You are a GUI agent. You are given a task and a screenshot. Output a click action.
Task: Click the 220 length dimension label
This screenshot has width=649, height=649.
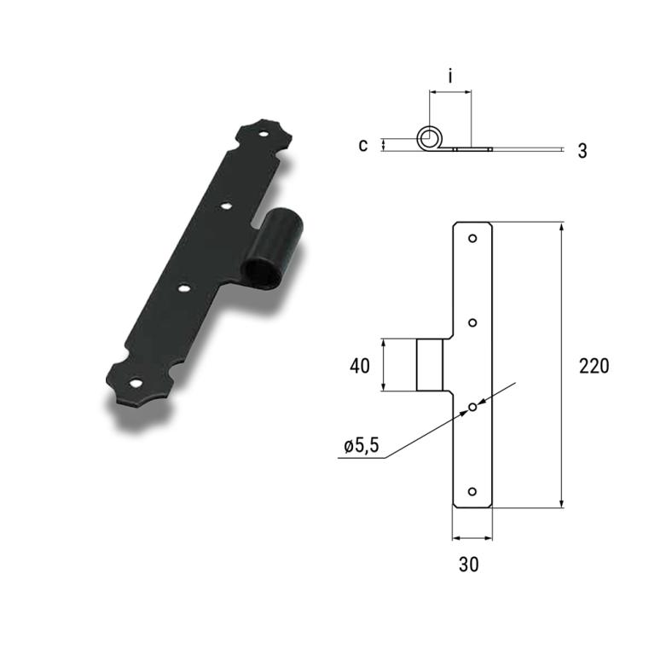pyautogui.click(x=594, y=367)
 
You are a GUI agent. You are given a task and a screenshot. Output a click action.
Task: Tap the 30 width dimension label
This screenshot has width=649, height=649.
pyautogui.click(x=468, y=565)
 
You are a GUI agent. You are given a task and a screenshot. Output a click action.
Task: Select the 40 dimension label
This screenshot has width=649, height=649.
pyautogui.click(x=360, y=367)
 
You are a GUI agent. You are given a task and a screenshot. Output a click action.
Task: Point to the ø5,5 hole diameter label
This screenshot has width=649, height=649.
pyautogui.click(x=362, y=446)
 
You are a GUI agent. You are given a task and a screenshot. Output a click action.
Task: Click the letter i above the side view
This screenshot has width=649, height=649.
pyautogui.click(x=450, y=76)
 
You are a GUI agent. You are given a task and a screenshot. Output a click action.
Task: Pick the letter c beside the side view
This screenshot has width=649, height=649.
pyautogui.click(x=363, y=145)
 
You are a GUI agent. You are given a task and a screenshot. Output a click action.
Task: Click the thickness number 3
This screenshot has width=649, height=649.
pyautogui.click(x=582, y=151)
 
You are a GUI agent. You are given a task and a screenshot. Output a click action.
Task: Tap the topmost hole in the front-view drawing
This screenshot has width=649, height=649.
pyautogui.click(x=472, y=239)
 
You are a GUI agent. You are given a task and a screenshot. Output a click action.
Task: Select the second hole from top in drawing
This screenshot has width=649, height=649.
pyautogui.click(x=472, y=323)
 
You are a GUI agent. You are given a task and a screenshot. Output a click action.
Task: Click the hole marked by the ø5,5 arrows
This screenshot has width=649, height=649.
pyautogui.click(x=472, y=408)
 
